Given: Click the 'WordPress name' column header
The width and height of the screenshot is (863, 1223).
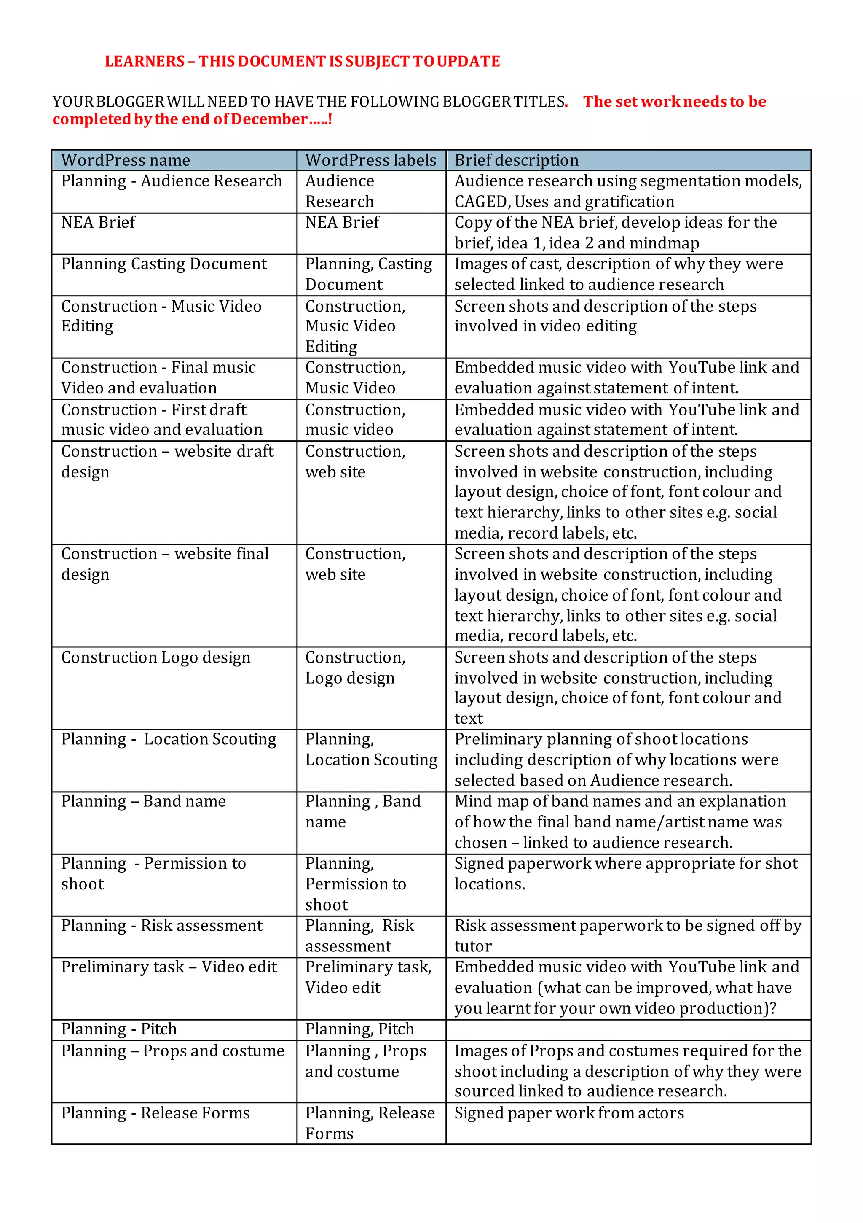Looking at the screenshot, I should [x=125, y=160].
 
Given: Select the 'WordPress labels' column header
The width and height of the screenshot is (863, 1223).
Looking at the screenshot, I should [x=370, y=160].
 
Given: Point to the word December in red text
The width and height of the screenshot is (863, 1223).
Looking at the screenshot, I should [x=269, y=119].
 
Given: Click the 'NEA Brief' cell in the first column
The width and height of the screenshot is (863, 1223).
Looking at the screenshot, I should [x=99, y=222].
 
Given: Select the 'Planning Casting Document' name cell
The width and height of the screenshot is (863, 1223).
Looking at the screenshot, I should [x=163, y=264].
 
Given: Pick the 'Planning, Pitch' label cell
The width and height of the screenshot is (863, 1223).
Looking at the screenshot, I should [x=359, y=1029].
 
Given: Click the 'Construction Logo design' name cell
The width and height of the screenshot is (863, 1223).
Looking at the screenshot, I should [x=155, y=657].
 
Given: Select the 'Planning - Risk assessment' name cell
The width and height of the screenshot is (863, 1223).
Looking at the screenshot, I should [x=161, y=925].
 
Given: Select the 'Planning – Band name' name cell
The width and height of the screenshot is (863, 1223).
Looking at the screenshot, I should [x=143, y=801].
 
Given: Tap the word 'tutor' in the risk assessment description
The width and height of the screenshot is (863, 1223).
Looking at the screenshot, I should [x=473, y=946].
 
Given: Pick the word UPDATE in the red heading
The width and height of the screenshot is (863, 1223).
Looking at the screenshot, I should [x=469, y=62].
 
